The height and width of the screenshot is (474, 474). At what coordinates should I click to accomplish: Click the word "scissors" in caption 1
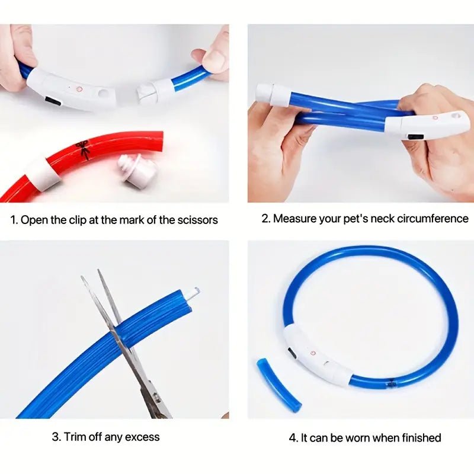click(198, 220)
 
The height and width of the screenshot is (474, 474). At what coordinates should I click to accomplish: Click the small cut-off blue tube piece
click(278, 383)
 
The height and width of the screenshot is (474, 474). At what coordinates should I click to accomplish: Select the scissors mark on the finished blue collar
click(391, 383)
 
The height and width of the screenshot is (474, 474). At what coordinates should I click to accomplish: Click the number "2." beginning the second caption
click(266, 219)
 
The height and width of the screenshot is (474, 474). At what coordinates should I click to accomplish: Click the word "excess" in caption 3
click(140, 437)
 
